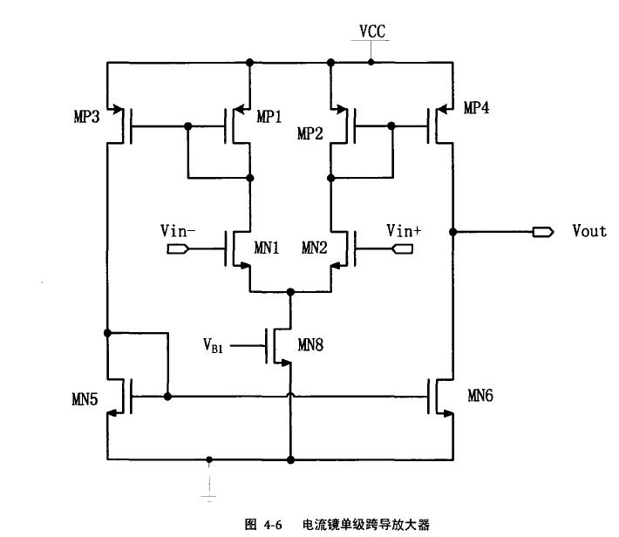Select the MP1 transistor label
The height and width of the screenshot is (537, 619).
(269, 117)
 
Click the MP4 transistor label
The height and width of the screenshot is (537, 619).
(476, 109)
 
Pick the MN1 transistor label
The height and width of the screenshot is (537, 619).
(266, 248)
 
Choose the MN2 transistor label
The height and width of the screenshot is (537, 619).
(315, 248)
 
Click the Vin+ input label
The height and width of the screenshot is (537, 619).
(404, 230)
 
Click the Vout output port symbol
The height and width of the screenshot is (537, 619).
(543, 232)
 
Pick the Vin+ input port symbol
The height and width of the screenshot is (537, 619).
(404, 249)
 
